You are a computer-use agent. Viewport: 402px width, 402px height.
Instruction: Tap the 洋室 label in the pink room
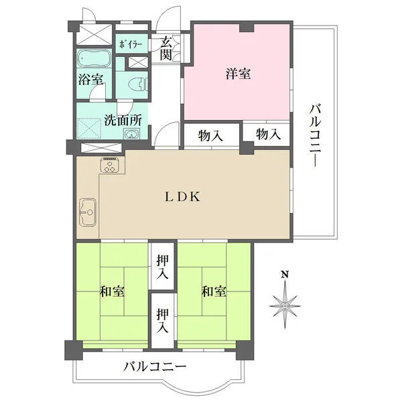[x=238, y=74]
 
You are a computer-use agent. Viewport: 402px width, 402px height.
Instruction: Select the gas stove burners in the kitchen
[x=110, y=165]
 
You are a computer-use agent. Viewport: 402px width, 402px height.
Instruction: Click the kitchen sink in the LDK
[x=87, y=214]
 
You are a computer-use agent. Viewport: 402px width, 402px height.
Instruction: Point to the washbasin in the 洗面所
[x=132, y=134]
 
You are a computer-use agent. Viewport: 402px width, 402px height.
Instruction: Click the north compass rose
[x=285, y=305]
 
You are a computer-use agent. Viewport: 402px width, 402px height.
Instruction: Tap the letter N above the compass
[x=285, y=275]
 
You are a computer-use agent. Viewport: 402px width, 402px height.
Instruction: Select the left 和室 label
[x=113, y=292]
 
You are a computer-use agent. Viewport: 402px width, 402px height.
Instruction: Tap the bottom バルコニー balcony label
[x=155, y=366]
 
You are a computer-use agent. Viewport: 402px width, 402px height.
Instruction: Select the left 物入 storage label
[x=211, y=135]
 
